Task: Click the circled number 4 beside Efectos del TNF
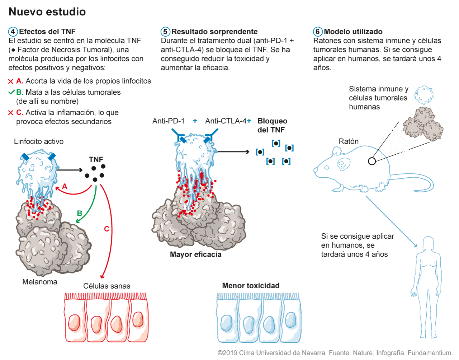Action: coord(13,32)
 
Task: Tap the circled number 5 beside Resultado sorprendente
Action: coord(165,32)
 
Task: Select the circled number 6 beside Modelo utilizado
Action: coord(318,32)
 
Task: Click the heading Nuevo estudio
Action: coord(47,11)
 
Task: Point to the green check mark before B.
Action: coord(11,92)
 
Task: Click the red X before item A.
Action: coord(10,81)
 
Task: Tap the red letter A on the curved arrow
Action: coord(65,186)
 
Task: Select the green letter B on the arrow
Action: coord(80,213)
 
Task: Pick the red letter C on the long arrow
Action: coord(107,229)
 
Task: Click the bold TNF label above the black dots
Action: coord(96,159)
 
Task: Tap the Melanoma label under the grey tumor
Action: coord(40,282)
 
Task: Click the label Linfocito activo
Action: coord(39,141)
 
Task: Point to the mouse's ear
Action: coord(343,164)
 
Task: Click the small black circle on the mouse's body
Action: coord(372,161)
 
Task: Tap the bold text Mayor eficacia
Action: coord(195,254)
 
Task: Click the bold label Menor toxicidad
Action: coord(251,286)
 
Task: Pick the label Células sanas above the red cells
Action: coord(107,286)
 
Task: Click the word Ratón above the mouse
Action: coord(349,141)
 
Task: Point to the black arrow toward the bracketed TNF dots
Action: coord(233,151)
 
